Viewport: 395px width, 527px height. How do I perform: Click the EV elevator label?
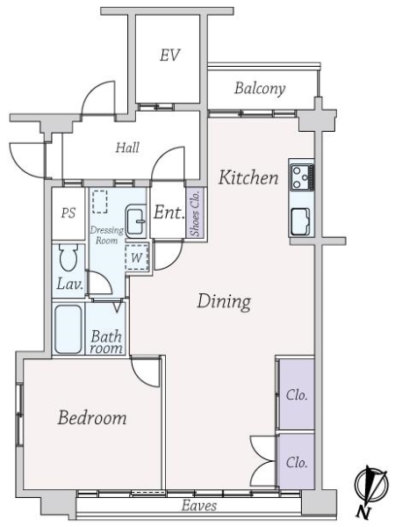tap(169, 55)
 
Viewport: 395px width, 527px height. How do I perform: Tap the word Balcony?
tap(259, 88)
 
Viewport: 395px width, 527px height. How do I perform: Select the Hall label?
tap(127, 148)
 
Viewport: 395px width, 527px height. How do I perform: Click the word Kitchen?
tap(248, 177)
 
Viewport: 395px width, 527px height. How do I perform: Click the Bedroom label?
tap(91, 418)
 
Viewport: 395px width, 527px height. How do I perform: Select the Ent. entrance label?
tap(168, 213)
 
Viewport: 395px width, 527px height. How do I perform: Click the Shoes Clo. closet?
tap(195, 213)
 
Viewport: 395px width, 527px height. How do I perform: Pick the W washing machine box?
tap(136, 257)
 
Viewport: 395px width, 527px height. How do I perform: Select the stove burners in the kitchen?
tap(301, 178)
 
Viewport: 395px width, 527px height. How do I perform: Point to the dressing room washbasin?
tap(136, 221)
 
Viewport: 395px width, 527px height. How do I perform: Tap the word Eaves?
tap(199, 507)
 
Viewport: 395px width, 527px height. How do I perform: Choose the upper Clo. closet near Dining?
tap(296, 394)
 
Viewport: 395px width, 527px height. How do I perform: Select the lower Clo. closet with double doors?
tap(296, 461)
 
